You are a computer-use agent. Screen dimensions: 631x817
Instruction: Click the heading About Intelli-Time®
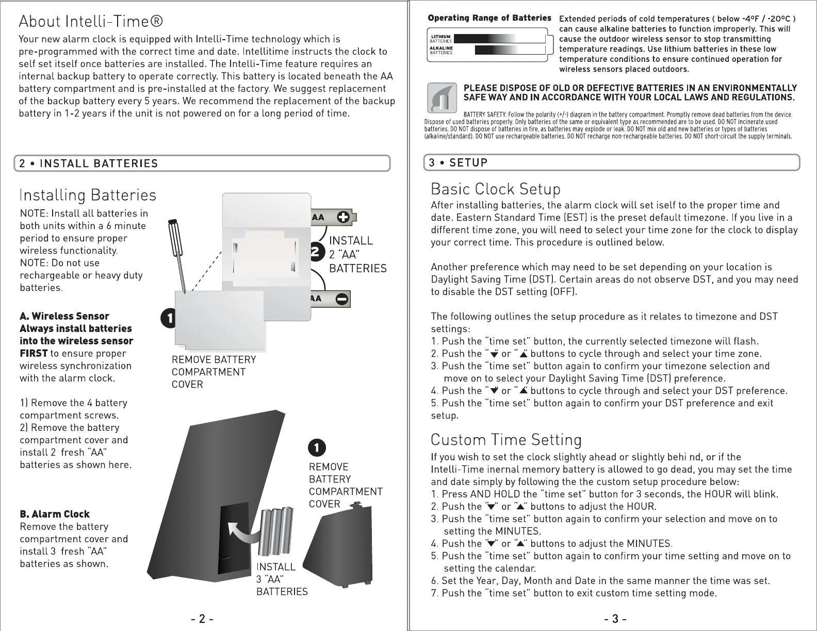(x=91, y=22)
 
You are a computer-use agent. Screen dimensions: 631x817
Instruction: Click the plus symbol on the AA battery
(x=343, y=218)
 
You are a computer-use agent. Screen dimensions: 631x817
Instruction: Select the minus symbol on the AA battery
(x=342, y=298)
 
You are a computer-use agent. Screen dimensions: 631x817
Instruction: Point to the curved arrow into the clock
(x=242, y=533)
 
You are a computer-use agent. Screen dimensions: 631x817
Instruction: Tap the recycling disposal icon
(x=442, y=98)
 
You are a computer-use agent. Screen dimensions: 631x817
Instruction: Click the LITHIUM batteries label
(x=442, y=38)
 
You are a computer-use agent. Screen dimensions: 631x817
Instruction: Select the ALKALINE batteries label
(x=442, y=50)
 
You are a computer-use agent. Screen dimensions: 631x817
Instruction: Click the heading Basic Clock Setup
(x=495, y=189)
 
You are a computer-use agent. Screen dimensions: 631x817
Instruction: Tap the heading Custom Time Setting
(x=506, y=440)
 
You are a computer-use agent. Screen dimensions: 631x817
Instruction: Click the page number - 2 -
(x=202, y=619)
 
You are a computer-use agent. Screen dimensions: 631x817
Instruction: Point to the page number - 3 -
(x=615, y=619)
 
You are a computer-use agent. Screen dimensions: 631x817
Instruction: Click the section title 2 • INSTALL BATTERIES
(x=89, y=164)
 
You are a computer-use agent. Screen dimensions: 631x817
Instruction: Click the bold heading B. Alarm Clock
(x=55, y=514)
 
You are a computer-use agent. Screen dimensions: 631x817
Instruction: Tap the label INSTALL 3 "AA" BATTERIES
(x=282, y=579)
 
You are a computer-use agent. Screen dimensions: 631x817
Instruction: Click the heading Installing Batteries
(x=88, y=195)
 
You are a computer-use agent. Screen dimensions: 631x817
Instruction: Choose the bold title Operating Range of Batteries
(x=489, y=18)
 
